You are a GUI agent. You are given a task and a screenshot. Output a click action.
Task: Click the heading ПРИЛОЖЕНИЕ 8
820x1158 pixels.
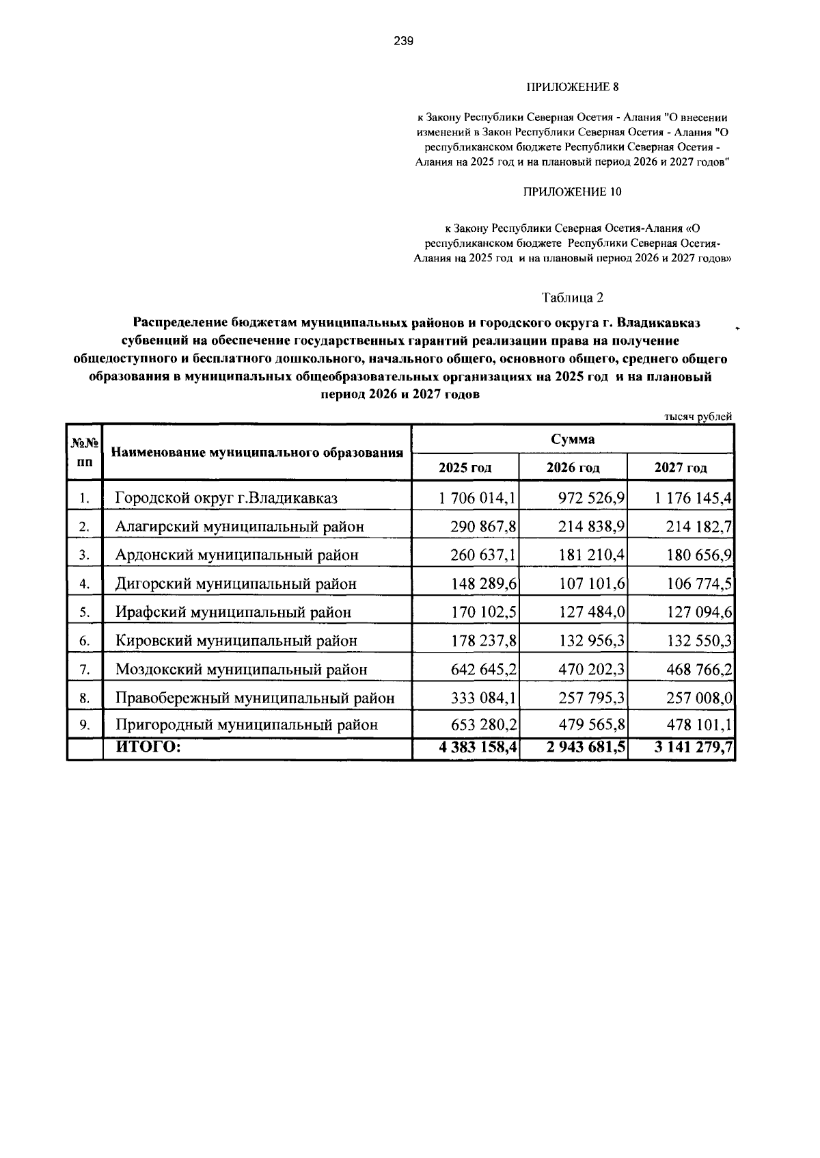[572, 87]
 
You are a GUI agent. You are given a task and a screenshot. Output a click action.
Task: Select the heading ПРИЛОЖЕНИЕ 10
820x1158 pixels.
[572, 192]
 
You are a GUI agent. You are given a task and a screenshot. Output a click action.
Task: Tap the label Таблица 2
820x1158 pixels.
[573, 298]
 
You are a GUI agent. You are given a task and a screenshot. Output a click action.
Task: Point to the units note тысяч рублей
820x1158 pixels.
[698, 416]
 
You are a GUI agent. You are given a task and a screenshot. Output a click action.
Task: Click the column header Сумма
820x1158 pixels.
[573, 438]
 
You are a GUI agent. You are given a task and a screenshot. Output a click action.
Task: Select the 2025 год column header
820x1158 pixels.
[465, 468]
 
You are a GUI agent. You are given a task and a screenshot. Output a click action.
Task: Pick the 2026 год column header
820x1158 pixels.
[573, 468]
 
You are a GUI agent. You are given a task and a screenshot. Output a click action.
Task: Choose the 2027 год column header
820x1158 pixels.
[681, 468]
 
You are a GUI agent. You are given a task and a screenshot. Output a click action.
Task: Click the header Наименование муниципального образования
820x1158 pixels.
[257, 452]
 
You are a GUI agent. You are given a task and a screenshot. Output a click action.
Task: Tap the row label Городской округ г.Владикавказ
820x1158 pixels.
[226, 498]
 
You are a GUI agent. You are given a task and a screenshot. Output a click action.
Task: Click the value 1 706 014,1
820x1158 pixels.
[478, 498]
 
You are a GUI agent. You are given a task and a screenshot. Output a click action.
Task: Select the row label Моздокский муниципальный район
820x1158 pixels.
[241, 670]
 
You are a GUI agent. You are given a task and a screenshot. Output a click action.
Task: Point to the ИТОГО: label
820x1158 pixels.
[148, 747]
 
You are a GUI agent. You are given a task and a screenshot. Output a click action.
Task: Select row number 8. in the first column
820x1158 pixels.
[85, 698]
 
